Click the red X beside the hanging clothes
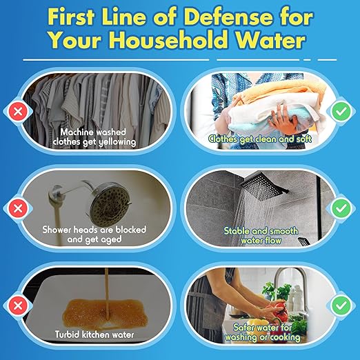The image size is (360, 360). point(18,112)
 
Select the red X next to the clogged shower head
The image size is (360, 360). point(18,208)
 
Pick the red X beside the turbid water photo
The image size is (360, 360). point(18,306)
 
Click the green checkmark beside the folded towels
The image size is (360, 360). point(341,112)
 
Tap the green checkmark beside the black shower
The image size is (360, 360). point(341,208)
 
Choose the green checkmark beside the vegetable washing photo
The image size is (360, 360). point(341,306)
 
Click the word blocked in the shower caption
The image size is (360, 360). point(131,230)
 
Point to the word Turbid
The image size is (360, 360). point(67,334)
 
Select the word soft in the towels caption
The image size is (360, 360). point(303,139)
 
